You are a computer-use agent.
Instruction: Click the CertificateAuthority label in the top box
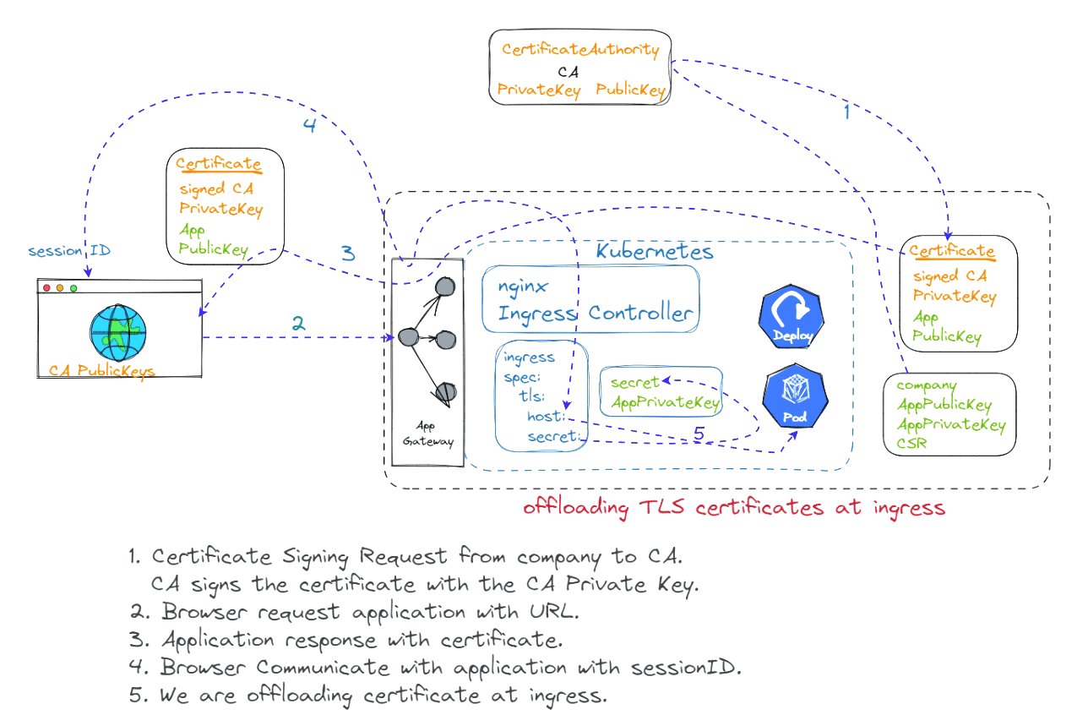coord(579,50)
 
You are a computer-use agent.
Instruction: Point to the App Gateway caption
coord(428,434)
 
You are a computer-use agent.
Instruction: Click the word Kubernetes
coord(655,251)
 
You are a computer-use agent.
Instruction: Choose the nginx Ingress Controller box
coord(590,299)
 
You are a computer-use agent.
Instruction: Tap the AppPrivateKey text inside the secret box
coord(666,402)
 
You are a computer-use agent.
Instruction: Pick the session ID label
coord(68,251)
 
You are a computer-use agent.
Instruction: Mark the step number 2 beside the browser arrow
coord(297,322)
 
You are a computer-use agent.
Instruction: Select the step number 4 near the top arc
coord(309,124)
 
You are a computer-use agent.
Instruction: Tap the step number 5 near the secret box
coord(698,434)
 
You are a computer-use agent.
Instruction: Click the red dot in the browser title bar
coord(46,288)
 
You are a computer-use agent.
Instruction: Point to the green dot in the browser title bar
coord(73,288)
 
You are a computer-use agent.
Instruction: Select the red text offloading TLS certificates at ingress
coord(733,508)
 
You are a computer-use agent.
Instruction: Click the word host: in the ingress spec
coord(545,416)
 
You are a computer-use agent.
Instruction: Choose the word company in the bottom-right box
coord(926,385)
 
